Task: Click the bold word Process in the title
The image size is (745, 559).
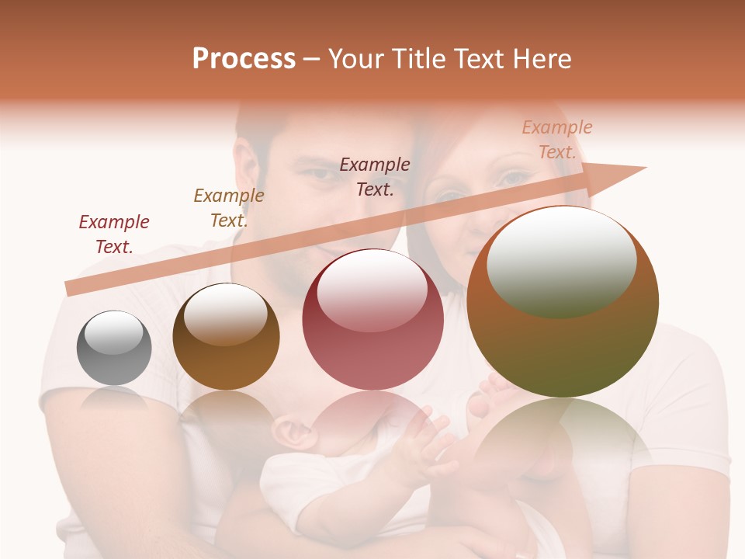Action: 244,59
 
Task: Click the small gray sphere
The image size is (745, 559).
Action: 114,348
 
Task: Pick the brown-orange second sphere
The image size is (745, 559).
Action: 226,337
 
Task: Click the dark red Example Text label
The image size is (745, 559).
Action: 114,234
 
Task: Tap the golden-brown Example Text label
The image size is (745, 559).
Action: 229,208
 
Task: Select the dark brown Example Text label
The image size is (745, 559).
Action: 375,176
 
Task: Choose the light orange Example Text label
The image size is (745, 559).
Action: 557,140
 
